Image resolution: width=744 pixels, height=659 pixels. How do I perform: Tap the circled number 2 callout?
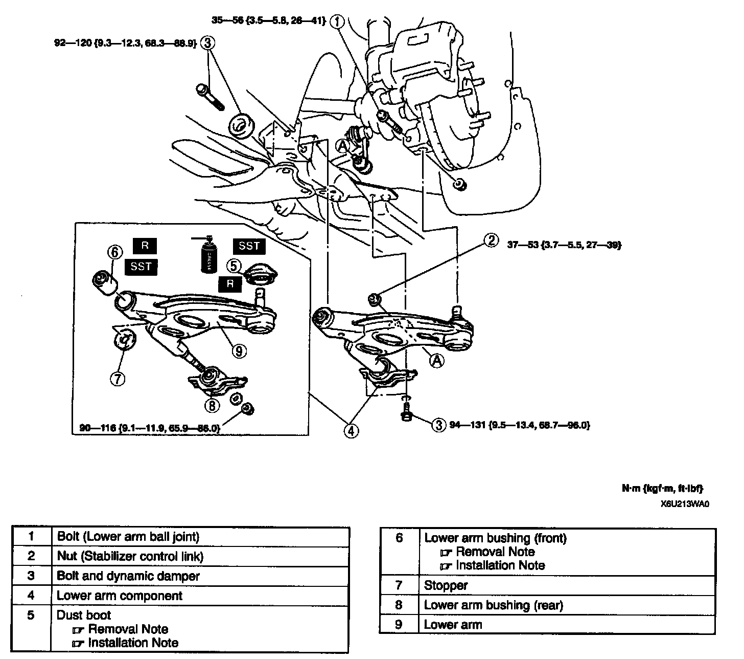click(x=491, y=240)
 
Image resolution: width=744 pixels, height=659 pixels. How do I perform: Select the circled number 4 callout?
click(x=351, y=431)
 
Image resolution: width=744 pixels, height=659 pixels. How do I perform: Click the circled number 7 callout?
click(x=117, y=379)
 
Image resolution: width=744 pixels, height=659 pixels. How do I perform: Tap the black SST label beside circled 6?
click(x=141, y=266)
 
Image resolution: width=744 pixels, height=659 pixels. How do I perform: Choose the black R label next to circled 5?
click(x=230, y=284)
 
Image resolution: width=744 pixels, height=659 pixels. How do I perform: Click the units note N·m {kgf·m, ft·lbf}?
click(x=665, y=489)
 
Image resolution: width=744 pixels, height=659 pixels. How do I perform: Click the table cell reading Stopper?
click(x=446, y=585)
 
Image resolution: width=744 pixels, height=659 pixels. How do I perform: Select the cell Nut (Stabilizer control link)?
click(x=130, y=556)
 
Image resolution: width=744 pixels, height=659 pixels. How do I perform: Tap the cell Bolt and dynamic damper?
click(x=128, y=576)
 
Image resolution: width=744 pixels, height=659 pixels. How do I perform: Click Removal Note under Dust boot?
click(x=128, y=629)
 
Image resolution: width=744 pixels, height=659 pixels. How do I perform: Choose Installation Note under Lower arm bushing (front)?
click(x=500, y=565)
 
